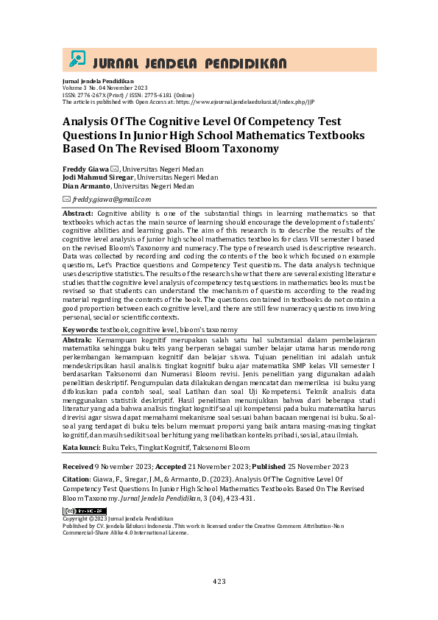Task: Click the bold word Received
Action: click(x=77, y=468)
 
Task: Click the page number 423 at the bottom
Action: click(x=219, y=582)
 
